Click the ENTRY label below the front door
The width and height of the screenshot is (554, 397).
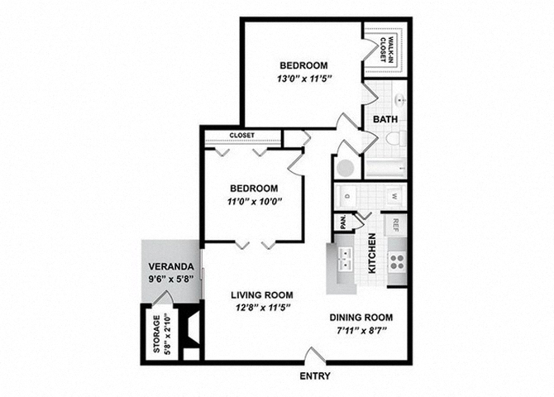pyautogui.click(x=315, y=376)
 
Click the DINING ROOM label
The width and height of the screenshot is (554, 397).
pyautogui.click(x=361, y=318)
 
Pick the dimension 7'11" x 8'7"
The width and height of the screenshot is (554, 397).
pyautogui.click(x=361, y=332)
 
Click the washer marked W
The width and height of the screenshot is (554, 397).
pyautogui.click(x=394, y=197)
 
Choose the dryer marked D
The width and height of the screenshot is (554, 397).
pyautogui.click(x=347, y=197)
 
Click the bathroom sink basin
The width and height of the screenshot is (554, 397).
pyautogui.click(x=399, y=103)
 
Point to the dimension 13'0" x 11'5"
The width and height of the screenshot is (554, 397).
pyautogui.click(x=303, y=80)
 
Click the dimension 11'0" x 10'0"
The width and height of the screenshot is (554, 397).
pyautogui.click(x=254, y=202)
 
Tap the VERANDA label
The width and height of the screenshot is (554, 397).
pyautogui.click(x=170, y=267)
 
